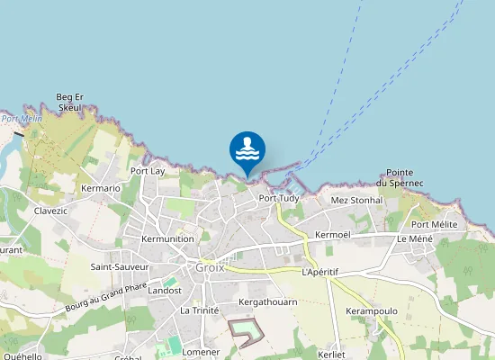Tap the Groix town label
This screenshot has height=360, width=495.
click(x=210, y=267)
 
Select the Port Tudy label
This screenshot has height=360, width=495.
click(x=278, y=198)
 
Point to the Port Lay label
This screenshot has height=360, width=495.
click(x=148, y=170)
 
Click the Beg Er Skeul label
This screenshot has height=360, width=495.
click(x=69, y=102)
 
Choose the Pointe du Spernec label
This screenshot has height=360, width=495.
click(x=400, y=177)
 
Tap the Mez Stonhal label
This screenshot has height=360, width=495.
click(x=357, y=200)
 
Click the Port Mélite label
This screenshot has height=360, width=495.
click(x=435, y=224)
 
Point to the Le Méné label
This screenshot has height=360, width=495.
click(x=415, y=238)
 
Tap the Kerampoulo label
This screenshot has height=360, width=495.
click(x=372, y=310)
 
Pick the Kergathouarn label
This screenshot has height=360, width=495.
click(x=267, y=301)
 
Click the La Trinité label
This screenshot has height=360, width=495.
click(x=200, y=310)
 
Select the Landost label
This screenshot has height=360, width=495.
click(x=165, y=291)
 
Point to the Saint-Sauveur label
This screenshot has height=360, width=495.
click(x=119, y=266)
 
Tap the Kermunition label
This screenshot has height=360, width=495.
click(x=167, y=238)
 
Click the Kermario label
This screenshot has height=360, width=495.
click(x=101, y=188)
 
